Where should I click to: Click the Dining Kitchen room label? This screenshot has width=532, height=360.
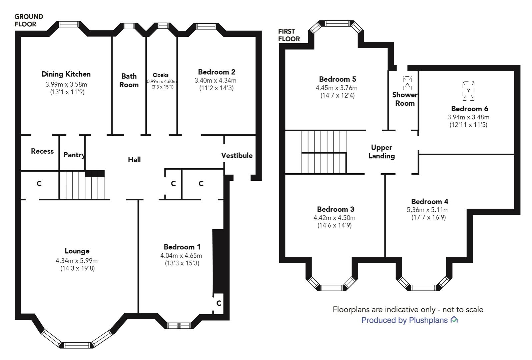[66, 74]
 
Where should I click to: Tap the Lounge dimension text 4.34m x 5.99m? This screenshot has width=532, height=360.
[76, 261]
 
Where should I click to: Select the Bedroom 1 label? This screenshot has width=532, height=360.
[182, 247]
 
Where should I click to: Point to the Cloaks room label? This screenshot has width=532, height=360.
[160, 75]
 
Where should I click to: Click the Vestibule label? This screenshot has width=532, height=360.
[237, 155]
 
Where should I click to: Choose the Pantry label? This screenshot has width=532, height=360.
[74, 155]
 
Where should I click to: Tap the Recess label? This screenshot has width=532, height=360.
[42, 151]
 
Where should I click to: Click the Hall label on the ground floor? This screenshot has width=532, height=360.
[134, 159]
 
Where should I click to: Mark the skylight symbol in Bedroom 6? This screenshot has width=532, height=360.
[468, 91]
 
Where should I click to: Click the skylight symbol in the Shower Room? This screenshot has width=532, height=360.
[407, 83]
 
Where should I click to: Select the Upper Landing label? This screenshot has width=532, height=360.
[382, 152]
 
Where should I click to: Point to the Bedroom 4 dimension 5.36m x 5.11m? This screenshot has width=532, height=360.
[428, 210]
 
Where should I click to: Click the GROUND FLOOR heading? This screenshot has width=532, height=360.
[29, 20]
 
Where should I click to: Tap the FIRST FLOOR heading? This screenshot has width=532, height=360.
[289, 35]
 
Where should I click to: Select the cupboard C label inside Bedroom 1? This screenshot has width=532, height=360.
[219, 303]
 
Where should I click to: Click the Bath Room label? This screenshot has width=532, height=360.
[129, 80]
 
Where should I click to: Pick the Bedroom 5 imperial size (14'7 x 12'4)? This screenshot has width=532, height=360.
[338, 95]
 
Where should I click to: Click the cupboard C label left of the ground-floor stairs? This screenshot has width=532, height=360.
[39, 183]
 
